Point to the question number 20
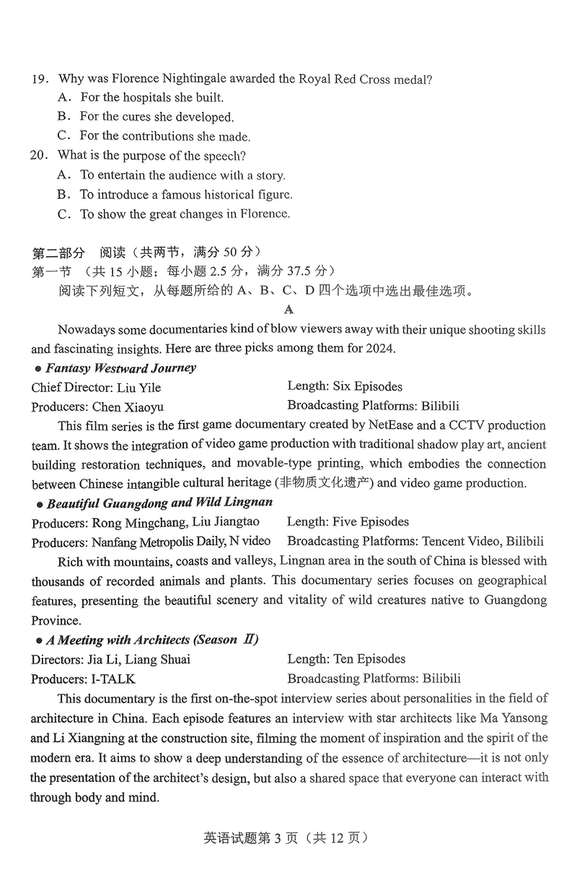tap(39, 155)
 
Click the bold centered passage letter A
tap(289, 310)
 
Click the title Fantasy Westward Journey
tap(120, 367)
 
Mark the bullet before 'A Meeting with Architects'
tap(39, 640)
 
